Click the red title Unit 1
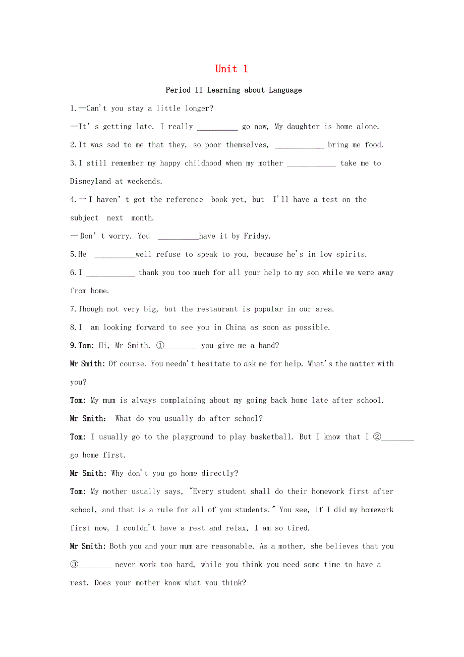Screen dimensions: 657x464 click(x=231, y=69)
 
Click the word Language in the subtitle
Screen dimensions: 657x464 click(x=285, y=90)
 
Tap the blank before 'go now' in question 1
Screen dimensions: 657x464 click(x=217, y=127)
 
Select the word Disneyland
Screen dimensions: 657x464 click(x=90, y=182)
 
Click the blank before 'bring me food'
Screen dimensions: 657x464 click(x=299, y=145)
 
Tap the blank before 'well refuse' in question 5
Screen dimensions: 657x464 click(x=115, y=255)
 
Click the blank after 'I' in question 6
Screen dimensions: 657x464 click(x=110, y=273)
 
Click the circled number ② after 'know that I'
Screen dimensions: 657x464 click(x=377, y=437)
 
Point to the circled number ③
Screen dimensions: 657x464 click(x=74, y=565)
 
